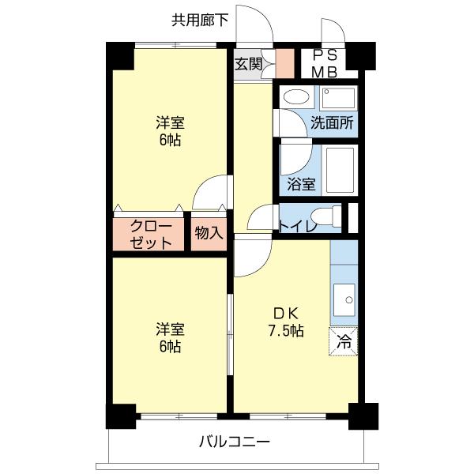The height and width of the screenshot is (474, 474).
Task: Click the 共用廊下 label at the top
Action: pos(201,20)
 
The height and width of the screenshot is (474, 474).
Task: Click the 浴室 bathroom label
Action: pos(301,185)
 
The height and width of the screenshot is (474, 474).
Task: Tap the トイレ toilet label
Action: pos(298,228)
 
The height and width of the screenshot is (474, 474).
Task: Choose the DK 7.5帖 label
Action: pos(284,321)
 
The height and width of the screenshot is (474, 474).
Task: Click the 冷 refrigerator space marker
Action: pos(344,341)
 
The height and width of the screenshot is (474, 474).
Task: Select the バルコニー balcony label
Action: pos(234,441)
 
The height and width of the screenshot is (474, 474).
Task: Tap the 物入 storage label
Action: pos(209,234)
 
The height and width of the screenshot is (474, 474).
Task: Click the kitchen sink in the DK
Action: pos(344,300)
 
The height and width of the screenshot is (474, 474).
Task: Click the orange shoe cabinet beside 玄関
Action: pos(284,62)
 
